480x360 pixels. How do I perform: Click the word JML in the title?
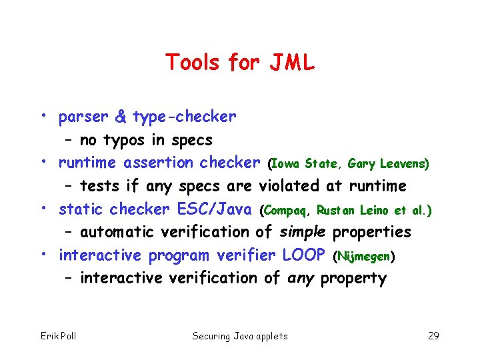tap(291, 63)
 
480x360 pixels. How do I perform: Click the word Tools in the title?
tap(193, 63)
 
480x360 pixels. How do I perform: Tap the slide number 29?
tap(433, 335)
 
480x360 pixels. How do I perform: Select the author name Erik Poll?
tap(58, 335)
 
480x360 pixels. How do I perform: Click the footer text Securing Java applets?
tap(240, 335)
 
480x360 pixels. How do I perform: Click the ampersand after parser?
tap(121, 117)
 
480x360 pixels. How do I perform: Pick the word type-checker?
tap(184, 117)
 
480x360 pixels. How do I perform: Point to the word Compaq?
tap(287, 211)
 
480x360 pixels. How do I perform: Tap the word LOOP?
tap(304, 255)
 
